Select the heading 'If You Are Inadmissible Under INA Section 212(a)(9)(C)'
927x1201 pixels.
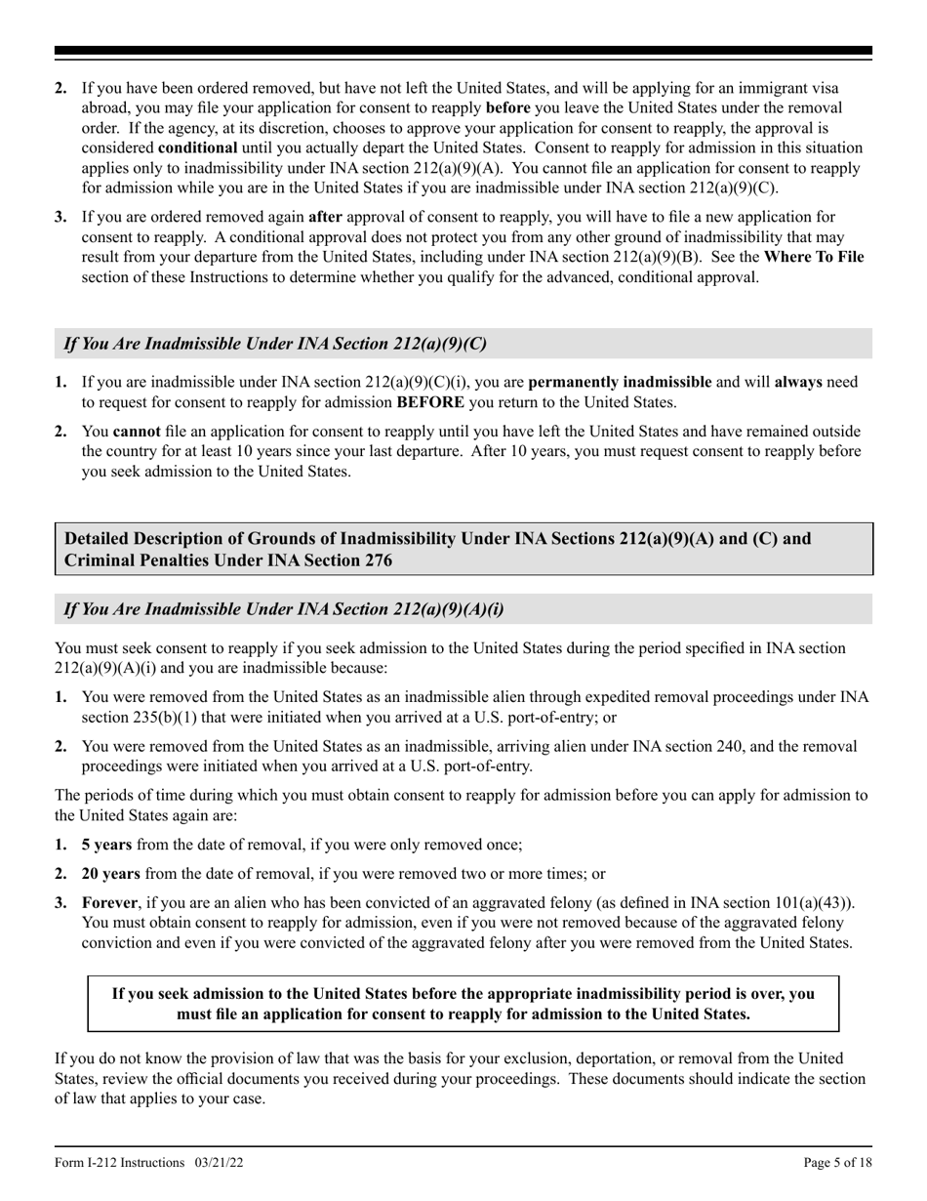tap(274, 344)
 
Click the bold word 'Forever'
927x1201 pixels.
tap(110, 903)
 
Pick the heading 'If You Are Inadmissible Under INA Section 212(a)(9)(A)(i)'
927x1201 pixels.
tap(284, 608)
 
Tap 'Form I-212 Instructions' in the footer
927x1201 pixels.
tap(119, 1163)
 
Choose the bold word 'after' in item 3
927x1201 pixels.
tap(323, 217)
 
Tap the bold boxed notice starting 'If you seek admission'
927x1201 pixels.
tap(463, 1003)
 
